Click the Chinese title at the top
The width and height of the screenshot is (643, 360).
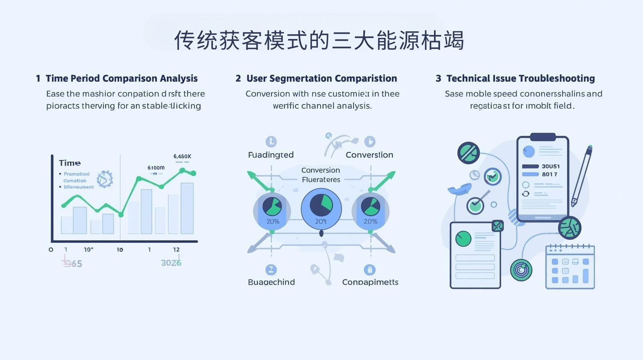click(x=319, y=40)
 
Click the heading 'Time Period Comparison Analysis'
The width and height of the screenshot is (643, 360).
click(x=121, y=78)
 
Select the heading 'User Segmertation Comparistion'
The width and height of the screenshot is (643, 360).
click(x=321, y=78)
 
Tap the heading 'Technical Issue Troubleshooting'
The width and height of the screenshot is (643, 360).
click(x=520, y=78)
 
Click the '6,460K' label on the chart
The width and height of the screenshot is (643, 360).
click(x=182, y=156)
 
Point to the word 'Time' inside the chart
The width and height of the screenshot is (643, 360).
click(x=70, y=163)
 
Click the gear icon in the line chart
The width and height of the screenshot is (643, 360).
click(x=105, y=179)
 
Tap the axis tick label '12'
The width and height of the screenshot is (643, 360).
click(x=176, y=250)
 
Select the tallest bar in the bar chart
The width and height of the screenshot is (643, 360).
click(x=187, y=208)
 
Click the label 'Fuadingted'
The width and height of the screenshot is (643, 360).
click(x=270, y=155)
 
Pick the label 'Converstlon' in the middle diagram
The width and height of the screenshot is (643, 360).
click(x=369, y=155)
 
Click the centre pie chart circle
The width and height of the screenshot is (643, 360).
click(x=321, y=208)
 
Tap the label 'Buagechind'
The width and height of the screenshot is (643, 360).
click(x=271, y=282)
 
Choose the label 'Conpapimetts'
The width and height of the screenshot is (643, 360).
click(x=370, y=282)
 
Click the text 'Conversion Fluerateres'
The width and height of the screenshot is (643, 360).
click(x=321, y=175)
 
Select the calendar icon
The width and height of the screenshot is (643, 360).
click(x=570, y=267)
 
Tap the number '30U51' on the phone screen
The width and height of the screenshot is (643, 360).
click(x=551, y=166)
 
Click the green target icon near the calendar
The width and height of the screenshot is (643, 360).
click(x=521, y=270)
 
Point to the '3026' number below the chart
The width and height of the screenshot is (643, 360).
click(x=171, y=263)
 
